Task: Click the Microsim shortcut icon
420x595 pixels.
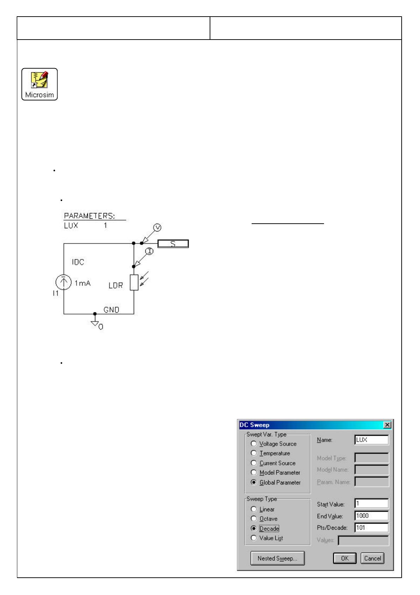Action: [x=40, y=84]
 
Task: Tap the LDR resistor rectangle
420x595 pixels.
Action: [x=134, y=283]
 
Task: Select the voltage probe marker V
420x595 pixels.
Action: [x=158, y=228]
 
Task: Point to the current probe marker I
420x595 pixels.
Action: [x=150, y=251]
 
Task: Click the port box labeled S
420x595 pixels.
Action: [x=173, y=243]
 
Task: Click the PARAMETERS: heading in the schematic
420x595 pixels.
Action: [x=89, y=216]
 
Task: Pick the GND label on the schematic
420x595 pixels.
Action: [x=111, y=310]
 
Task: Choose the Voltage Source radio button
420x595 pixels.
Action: [x=253, y=444]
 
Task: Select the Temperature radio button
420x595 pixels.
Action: [x=253, y=453]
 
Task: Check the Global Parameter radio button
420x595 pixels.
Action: [x=253, y=482]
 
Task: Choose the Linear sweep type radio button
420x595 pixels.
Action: [x=253, y=509]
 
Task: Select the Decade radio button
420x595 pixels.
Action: [x=253, y=529]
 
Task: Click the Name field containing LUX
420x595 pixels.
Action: [x=371, y=440]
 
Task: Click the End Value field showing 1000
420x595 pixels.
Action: [x=371, y=516]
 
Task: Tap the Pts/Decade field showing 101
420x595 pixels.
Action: [x=371, y=528]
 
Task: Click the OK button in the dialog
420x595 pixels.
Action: [x=345, y=559]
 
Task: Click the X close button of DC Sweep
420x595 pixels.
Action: [x=388, y=425]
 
